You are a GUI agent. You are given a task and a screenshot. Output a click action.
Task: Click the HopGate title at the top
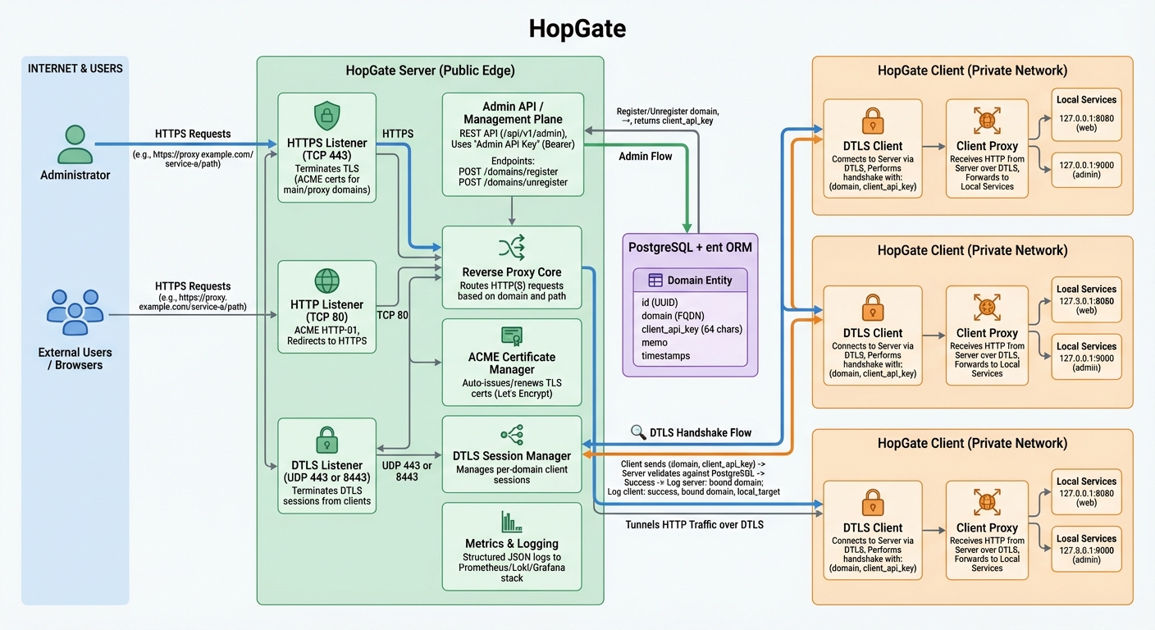click(577, 29)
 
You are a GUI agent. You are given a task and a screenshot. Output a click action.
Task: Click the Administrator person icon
click(75, 145)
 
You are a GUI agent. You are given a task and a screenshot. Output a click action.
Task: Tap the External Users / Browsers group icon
click(75, 313)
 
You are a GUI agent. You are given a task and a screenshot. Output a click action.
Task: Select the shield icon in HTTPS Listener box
click(326, 115)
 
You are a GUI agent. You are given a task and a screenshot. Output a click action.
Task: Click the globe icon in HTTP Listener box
click(326, 281)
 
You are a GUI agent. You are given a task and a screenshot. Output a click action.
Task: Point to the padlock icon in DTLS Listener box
click(326, 439)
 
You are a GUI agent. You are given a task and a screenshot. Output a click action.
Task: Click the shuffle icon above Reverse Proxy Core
click(512, 247)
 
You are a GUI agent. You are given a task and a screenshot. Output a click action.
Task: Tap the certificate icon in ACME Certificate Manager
click(512, 336)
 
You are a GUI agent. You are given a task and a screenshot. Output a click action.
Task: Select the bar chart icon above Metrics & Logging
click(512, 522)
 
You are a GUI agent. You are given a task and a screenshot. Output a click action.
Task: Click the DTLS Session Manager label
click(512, 456)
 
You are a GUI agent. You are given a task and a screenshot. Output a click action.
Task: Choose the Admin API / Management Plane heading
click(513, 113)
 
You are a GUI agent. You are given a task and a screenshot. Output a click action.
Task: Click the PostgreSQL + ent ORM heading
click(690, 247)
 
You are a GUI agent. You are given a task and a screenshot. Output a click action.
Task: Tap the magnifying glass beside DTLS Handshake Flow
click(638, 432)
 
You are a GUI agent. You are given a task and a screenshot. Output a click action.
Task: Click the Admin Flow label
click(645, 157)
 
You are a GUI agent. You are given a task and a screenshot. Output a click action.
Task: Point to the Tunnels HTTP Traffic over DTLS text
click(694, 524)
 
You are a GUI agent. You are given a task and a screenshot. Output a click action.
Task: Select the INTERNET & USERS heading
click(75, 69)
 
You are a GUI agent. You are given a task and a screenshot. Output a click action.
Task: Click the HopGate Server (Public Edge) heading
click(430, 71)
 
